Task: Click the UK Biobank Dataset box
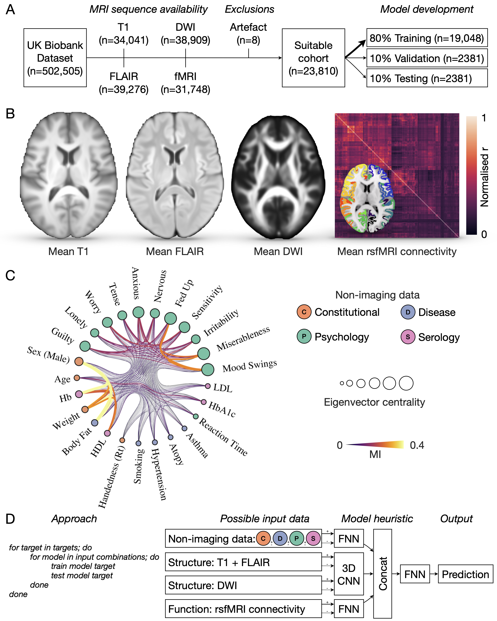55,58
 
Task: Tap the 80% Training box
427,38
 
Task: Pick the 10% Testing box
427,78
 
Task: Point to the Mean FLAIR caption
175,251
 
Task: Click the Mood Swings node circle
208,370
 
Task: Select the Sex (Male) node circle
79,361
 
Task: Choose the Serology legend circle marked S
408,337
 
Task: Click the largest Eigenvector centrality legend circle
406,383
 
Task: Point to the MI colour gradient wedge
375,445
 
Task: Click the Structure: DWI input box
243,585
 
